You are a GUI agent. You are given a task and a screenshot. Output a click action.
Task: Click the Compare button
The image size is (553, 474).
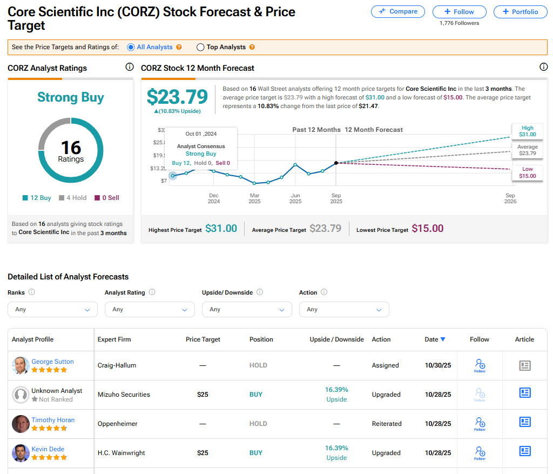398,11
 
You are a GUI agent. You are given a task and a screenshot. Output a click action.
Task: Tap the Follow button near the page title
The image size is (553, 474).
459,12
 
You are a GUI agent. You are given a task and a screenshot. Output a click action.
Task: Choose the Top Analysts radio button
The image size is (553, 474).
201,48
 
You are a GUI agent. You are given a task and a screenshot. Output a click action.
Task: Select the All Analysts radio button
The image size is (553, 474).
131,48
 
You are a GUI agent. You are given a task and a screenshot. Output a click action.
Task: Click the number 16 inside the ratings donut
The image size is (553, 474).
71,148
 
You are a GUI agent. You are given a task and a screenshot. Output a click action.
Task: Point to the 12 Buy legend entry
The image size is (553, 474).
37,198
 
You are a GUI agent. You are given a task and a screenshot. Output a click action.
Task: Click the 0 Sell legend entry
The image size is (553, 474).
107,198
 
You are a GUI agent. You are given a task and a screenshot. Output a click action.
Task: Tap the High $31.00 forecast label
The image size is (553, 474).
528,131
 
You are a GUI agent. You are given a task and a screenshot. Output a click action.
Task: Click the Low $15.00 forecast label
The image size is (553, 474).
528,173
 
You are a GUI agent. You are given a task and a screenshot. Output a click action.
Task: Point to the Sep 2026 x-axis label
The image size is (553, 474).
510,198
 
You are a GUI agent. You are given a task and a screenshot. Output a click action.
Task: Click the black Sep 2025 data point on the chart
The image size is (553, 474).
336,163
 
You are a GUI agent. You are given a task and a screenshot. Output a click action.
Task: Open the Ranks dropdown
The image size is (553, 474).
52,310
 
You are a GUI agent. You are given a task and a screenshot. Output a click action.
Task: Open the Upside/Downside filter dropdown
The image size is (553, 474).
247,310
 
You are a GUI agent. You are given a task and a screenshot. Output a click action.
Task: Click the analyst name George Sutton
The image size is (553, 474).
52,362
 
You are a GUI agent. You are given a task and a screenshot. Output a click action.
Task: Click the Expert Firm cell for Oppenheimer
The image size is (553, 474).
116,424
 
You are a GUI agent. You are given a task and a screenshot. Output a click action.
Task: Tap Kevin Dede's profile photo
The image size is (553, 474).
21,453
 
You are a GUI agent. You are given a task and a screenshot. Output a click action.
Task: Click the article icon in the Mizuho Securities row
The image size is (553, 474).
524,393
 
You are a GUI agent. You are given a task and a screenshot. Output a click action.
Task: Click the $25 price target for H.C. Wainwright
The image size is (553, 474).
203,453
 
